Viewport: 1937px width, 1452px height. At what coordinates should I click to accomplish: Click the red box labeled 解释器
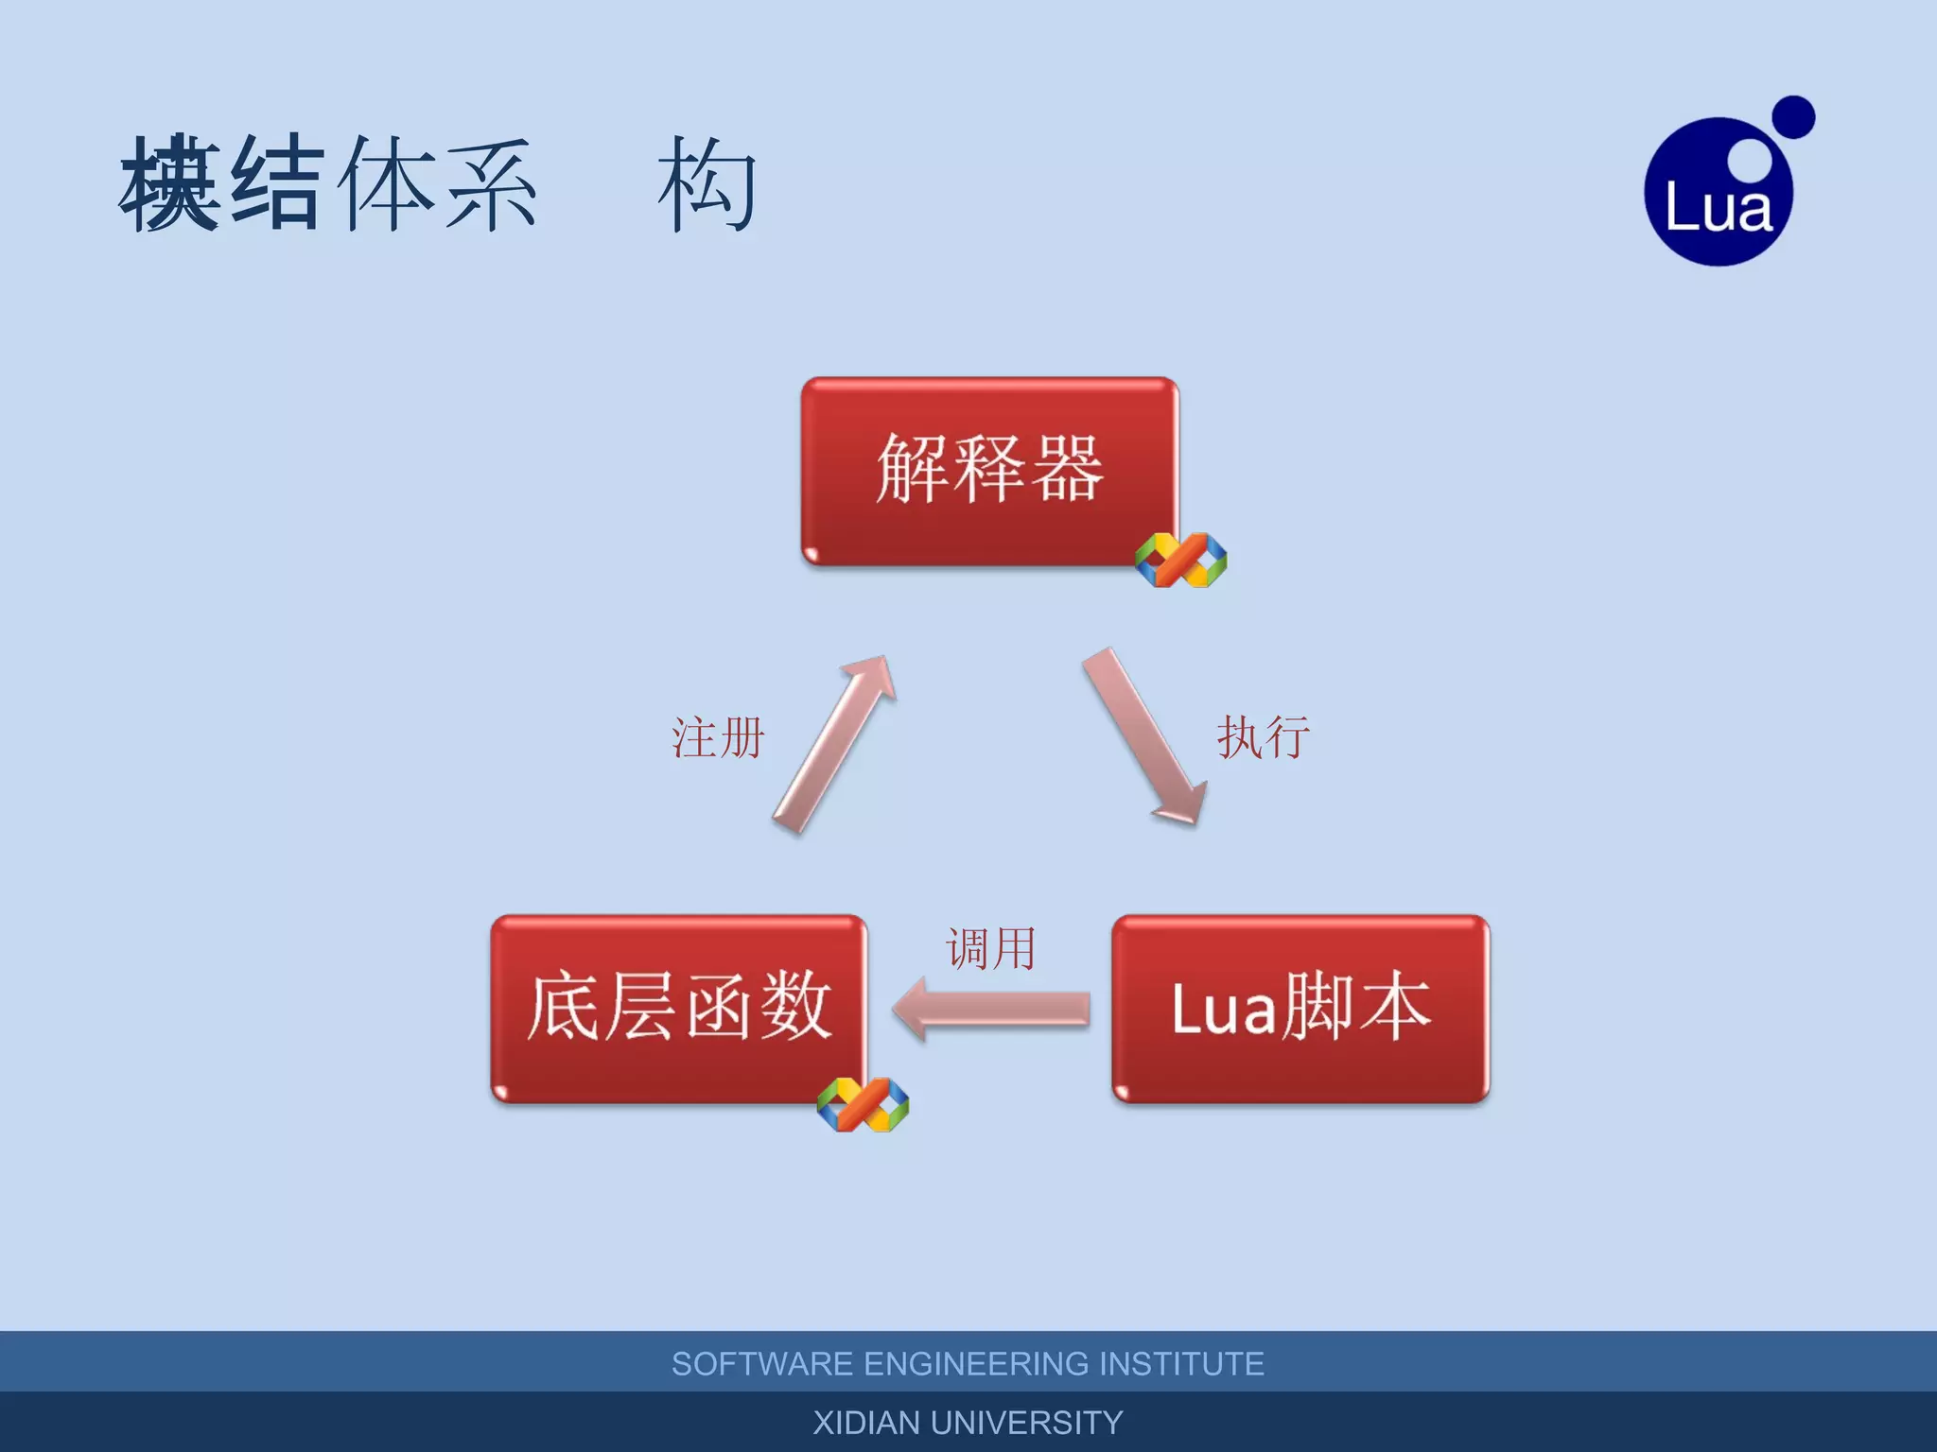989,471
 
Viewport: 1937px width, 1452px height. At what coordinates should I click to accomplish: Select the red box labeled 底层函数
679,1008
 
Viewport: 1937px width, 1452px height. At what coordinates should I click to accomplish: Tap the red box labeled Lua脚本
1300,1008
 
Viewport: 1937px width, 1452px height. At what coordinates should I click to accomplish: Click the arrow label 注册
718,737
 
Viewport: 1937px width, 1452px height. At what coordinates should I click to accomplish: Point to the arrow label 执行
1263,737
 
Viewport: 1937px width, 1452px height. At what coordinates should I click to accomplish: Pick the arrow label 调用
990,948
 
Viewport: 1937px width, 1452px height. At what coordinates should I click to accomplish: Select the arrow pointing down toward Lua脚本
1144,737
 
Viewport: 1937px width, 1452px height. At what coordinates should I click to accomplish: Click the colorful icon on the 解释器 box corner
1180,560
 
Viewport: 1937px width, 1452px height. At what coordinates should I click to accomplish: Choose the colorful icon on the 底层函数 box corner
863,1104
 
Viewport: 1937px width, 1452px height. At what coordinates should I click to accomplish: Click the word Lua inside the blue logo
1718,208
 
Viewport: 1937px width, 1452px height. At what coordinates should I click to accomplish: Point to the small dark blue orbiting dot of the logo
1792,117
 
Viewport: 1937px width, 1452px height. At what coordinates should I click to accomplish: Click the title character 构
707,184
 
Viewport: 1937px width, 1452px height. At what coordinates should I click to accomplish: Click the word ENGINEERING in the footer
976,1364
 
